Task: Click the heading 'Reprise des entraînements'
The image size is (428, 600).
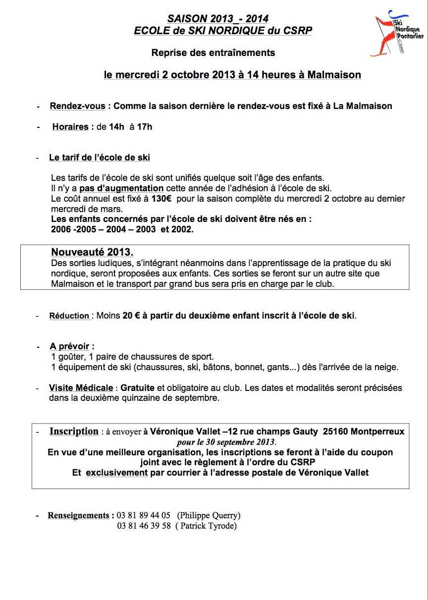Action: pos(213,53)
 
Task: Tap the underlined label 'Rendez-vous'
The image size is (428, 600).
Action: pos(78,106)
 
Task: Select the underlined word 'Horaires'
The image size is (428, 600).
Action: pos(70,127)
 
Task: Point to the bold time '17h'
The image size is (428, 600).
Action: pos(145,127)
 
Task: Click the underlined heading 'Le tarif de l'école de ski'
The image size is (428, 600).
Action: pos(100,158)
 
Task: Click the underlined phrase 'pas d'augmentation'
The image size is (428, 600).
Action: pos(121,188)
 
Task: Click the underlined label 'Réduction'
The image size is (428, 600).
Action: pos(69,316)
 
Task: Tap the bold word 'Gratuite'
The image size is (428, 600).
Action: pos(137,388)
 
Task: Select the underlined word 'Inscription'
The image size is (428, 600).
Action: pos(74,432)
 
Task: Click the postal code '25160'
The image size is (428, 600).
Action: pos(335,432)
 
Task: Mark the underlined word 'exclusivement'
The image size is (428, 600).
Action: pos(117,473)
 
